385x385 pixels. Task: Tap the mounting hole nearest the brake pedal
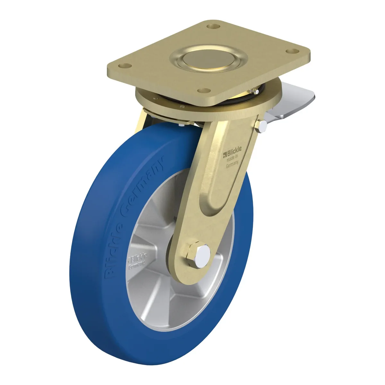(292, 51)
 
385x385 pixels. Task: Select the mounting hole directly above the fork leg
(204, 90)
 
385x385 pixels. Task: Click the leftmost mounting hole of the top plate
(125, 65)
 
